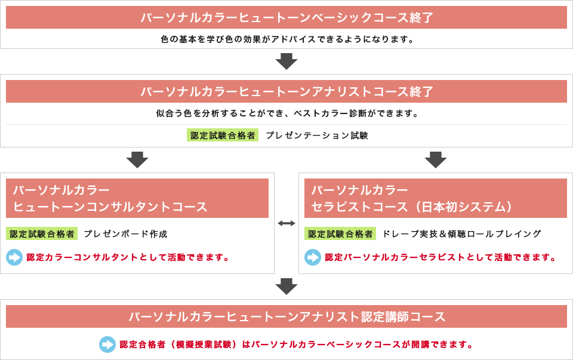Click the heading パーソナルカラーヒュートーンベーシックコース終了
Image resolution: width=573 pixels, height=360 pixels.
click(x=286, y=17)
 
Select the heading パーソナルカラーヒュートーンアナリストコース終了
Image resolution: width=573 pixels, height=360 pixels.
click(x=286, y=91)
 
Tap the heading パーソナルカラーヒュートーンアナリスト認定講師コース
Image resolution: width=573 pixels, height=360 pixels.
click(x=286, y=316)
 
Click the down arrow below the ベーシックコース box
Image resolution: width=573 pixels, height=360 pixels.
click(x=286, y=61)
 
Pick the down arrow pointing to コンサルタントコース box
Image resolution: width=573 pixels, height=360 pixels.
click(x=137, y=160)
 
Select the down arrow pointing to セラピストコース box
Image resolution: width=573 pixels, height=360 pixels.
click(x=436, y=160)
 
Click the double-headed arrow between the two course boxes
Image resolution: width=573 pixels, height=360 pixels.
click(x=286, y=223)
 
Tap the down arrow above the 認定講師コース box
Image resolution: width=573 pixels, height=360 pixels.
click(x=286, y=286)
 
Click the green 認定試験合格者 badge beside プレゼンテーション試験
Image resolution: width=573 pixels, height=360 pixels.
click(x=223, y=136)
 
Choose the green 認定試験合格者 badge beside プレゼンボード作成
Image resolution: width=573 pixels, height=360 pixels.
click(x=42, y=234)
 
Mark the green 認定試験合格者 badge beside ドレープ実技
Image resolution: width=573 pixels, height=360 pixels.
click(x=340, y=234)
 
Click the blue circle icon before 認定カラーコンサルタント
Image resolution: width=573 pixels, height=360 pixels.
click(x=14, y=257)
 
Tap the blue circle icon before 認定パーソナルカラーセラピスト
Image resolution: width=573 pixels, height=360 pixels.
click(x=313, y=257)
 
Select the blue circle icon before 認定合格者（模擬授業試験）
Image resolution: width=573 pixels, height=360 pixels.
click(x=107, y=344)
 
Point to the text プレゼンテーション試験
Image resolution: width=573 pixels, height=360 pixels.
click(x=317, y=136)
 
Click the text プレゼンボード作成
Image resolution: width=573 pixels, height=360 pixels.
click(x=126, y=234)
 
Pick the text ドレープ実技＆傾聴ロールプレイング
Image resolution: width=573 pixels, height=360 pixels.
click(x=461, y=234)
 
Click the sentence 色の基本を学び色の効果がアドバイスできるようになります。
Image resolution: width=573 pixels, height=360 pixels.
click(x=287, y=39)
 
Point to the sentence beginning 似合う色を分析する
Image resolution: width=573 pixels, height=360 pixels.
click(x=287, y=113)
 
